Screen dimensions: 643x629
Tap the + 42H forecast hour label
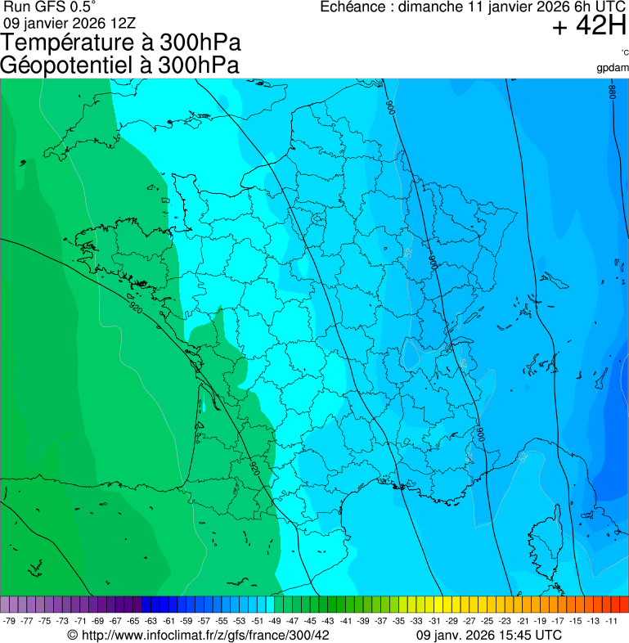point(589,27)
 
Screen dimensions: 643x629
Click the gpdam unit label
point(613,67)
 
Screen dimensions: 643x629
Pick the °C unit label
point(624,52)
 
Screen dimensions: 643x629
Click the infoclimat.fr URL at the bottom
point(204,635)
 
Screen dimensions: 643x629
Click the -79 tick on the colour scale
point(10,621)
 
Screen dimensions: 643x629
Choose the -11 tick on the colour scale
point(612,621)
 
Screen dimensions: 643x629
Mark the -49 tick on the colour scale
point(276,621)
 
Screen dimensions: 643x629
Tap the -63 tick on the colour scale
point(151,621)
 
